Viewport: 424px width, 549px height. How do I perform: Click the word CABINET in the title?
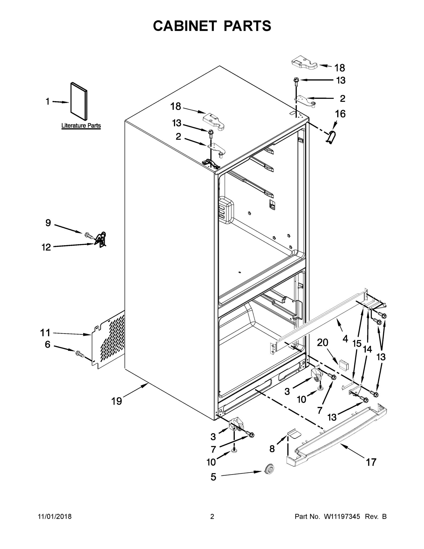click(x=185, y=26)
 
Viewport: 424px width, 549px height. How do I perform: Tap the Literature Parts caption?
click(x=81, y=125)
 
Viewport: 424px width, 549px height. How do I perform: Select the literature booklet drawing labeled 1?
click(x=79, y=101)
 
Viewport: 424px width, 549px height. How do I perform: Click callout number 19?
click(x=117, y=401)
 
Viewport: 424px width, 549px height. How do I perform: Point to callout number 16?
click(x=340, y=114)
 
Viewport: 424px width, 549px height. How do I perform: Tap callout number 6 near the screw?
click(x=48, y=344)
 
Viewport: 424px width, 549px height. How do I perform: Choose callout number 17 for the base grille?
click(x=371, y=462)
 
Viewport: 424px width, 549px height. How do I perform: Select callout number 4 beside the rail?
click(x=345, y=339)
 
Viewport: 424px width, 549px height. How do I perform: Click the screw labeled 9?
click(x=89, y=236)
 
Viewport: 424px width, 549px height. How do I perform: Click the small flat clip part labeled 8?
click(x=293, y=433)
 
